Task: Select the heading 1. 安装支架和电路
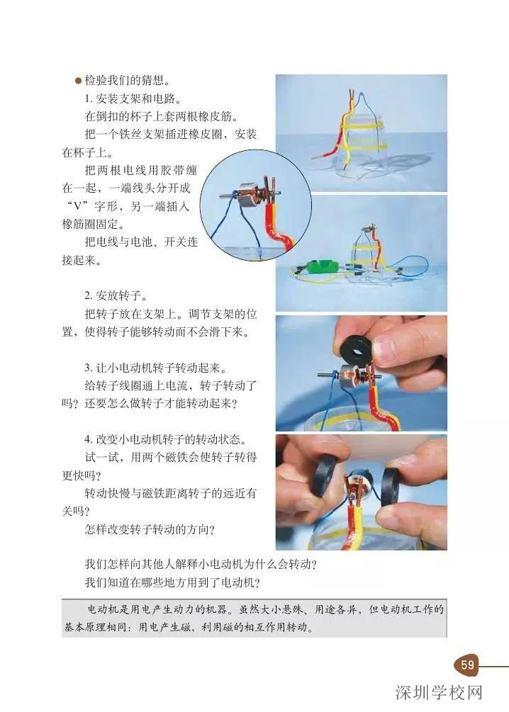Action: pyautogui.click(x=131, y=98)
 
